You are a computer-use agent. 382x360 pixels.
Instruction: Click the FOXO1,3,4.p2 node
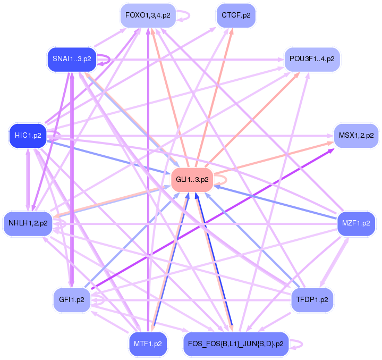click(x=148, y=15)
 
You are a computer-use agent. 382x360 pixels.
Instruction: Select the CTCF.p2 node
click(x=236, y=15)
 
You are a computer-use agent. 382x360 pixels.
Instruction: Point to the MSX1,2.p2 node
click(x=355, y=136)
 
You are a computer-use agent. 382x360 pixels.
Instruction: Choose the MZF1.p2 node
click(x=356, y=223)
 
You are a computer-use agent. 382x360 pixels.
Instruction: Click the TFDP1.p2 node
click(x=312, y=300)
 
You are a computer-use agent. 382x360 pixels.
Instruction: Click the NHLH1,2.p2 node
click(x=28, y=223)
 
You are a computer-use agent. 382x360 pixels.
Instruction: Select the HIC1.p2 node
click(x=28, y=136)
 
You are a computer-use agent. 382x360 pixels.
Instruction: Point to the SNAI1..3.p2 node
click(x=72, y=58)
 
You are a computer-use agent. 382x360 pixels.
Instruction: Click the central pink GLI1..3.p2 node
click(x=192, y=180)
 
